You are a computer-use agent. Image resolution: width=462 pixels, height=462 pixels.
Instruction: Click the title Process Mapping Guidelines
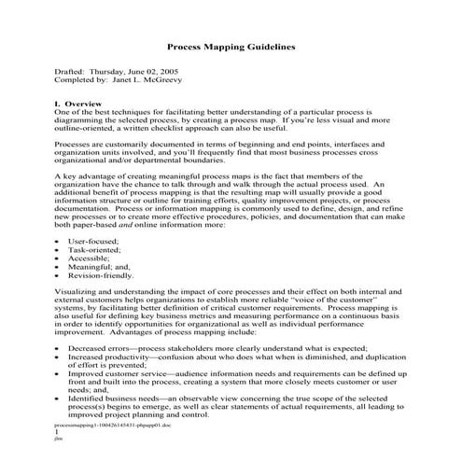point(231,46)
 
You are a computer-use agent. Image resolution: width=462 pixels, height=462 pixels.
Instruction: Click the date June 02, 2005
point(159,71)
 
